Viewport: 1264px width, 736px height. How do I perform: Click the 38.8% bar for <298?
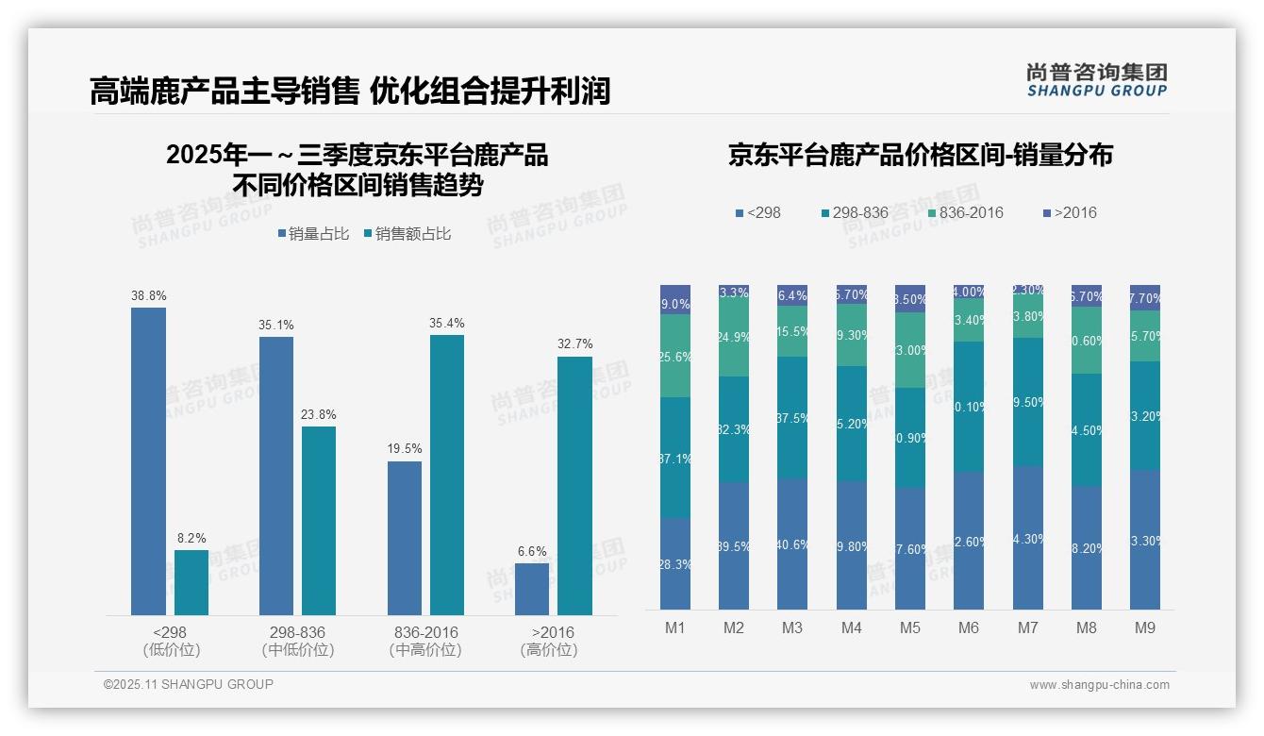point(148,461)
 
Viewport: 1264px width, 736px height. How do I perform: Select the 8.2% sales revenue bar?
point(191,582)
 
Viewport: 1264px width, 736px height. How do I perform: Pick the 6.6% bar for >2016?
point(532,589)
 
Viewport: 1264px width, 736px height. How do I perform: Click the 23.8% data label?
point(319,414)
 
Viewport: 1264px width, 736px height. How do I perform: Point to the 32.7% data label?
point(574,343)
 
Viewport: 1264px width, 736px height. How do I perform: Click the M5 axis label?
point(910,627)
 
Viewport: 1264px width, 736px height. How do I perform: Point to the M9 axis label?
point(1144,627)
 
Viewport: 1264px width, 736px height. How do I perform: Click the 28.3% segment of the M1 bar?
point(675,563)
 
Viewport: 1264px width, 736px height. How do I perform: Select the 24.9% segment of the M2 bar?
point(734,337)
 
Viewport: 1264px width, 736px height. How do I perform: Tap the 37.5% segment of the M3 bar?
point(792,417)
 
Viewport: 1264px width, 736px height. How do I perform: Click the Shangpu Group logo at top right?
point(1096,79)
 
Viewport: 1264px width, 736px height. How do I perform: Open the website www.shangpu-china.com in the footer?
point(1099,685)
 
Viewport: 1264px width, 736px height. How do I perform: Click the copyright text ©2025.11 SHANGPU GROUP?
point(189,684)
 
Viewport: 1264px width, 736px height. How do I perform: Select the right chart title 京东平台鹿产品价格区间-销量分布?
point(920,155)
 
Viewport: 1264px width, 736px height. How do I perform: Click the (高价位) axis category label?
point(549,650)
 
